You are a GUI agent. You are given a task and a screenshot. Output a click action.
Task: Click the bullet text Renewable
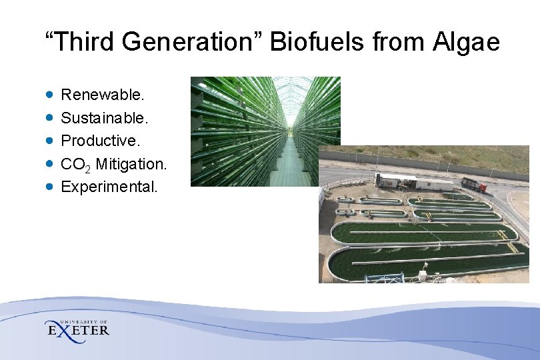(x=103, y=95)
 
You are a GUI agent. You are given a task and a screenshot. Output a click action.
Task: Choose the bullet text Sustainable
(x=105, y=118)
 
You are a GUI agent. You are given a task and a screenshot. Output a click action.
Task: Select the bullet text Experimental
(x=109, y=187)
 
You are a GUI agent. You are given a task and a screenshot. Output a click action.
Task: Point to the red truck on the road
(x=474, y=185)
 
